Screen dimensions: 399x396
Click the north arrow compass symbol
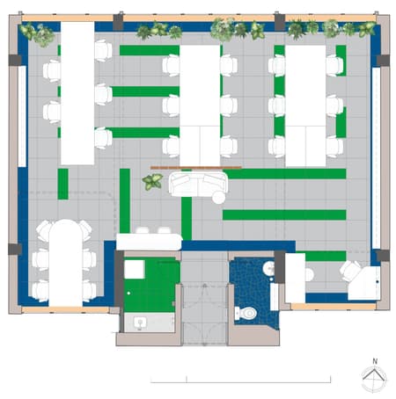[x=374, y=379]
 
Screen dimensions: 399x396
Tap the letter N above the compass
[x=374, y=360]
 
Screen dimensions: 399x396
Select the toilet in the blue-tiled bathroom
[x=250, y=311]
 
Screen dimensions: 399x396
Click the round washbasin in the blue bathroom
[x=268, y=270]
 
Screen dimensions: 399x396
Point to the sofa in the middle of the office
[x=198, y=185]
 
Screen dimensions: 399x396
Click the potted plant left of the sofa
[x=152, y=182]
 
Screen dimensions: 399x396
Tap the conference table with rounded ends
[x=65, y=262]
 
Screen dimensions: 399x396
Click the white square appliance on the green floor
[x=134, y=268]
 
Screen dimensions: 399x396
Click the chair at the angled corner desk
[x=351, y=270]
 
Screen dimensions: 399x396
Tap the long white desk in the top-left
[x=77, y=92]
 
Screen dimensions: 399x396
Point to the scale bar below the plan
[x=241, y=380]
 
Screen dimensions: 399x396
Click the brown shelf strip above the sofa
[x=195, y=166]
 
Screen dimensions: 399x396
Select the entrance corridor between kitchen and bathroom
[x=204, y=299]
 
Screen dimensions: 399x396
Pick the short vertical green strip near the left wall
[x=62, y=184]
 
